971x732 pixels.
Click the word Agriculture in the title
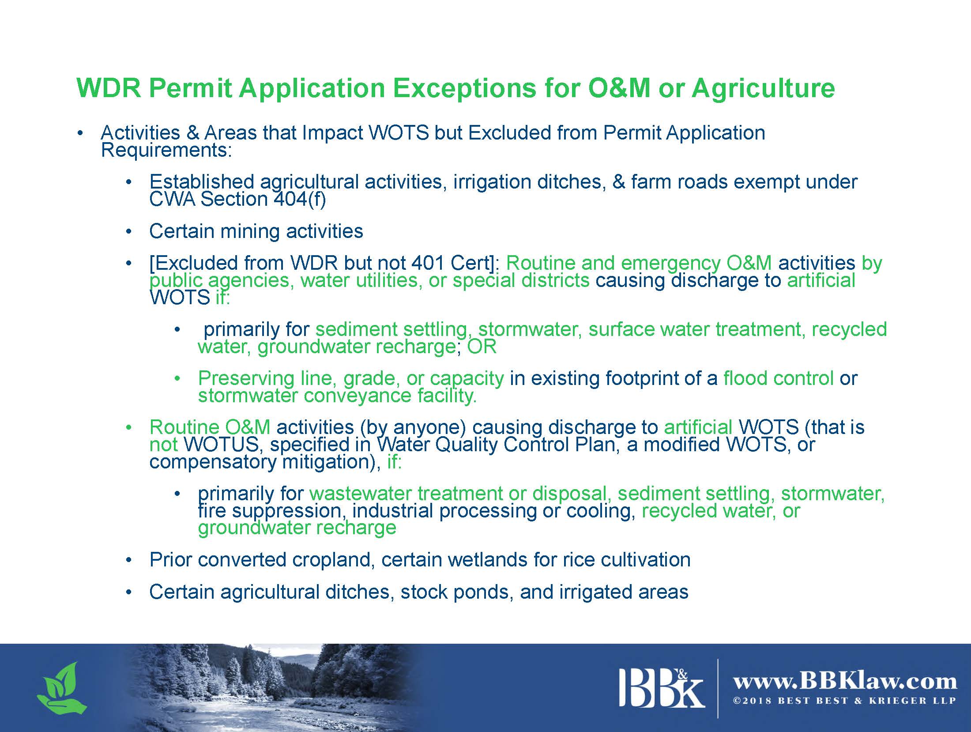(x=763, y=89)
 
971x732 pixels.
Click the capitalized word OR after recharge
(x=482, y=347)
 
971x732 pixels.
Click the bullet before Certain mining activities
(x=129, y=231)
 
